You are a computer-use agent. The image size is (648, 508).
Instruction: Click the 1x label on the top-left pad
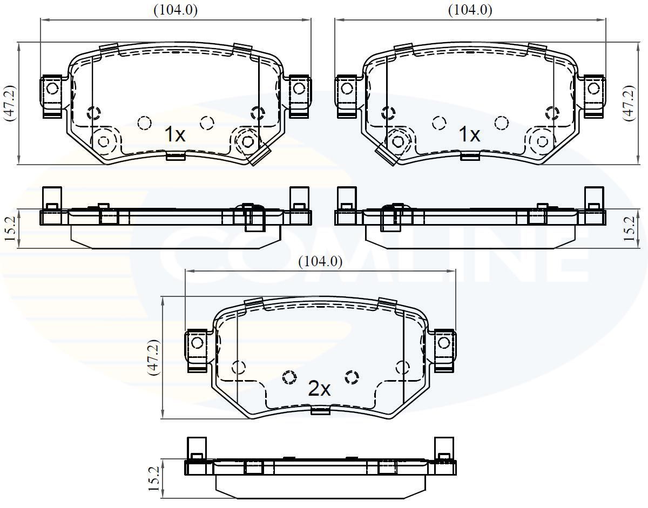[174, 134]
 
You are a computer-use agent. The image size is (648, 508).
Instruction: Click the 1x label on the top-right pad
[469, 134]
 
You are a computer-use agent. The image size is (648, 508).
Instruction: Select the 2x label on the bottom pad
[319, 389]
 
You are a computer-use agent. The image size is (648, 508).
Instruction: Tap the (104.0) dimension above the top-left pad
[175, 10]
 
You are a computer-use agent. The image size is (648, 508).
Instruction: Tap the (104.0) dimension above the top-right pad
[470, 10]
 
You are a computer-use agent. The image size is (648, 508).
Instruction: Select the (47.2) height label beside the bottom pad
[154, 357]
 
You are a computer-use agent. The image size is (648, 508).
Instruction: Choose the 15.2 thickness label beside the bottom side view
[154, 478]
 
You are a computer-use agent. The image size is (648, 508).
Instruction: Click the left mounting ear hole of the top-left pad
[52, 87]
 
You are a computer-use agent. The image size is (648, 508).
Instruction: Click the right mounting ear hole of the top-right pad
[593, 87]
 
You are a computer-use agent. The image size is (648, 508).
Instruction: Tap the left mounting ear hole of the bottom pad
[197, 342]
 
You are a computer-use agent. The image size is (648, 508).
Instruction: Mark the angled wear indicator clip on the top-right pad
[387, 155]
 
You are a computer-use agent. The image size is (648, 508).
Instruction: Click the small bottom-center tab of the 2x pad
[321, 411]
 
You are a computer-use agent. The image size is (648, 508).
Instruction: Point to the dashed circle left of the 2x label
[289, 377]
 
